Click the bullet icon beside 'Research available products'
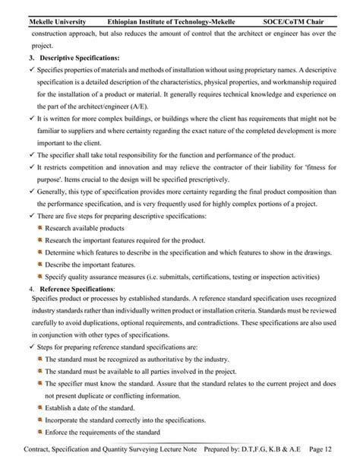point(39,227)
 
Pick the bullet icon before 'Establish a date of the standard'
point(39,407)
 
